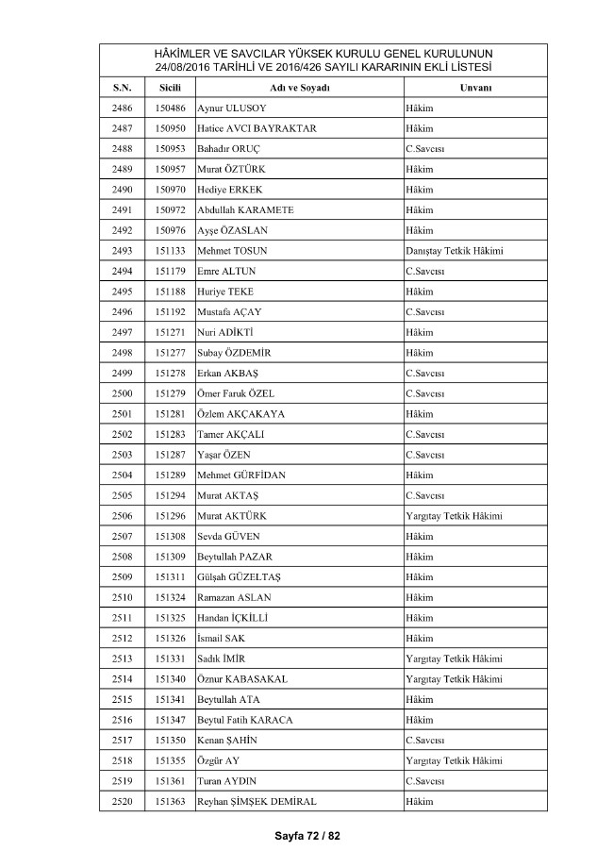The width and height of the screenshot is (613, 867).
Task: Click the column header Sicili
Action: click(171, 88)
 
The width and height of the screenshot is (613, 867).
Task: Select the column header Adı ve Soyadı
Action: click(299, 88)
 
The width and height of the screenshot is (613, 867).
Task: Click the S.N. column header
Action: click(122, 88)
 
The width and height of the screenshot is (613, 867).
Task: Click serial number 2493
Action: click(122, 250)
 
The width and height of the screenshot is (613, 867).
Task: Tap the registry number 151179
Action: click(171, 271)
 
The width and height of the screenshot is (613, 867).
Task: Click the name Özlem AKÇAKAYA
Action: click(241, 413)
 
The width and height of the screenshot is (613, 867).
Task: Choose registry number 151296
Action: click(171, 516)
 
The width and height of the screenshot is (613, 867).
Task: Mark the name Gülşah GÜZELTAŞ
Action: click(240, 576)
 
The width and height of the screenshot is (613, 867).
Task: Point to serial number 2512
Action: click(122, 638)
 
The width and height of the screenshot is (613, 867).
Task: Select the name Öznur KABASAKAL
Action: click(242, 678)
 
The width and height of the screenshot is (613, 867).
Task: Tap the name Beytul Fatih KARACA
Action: click(245, 720)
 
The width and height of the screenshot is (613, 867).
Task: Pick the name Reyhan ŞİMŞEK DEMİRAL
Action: click(257, 801)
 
